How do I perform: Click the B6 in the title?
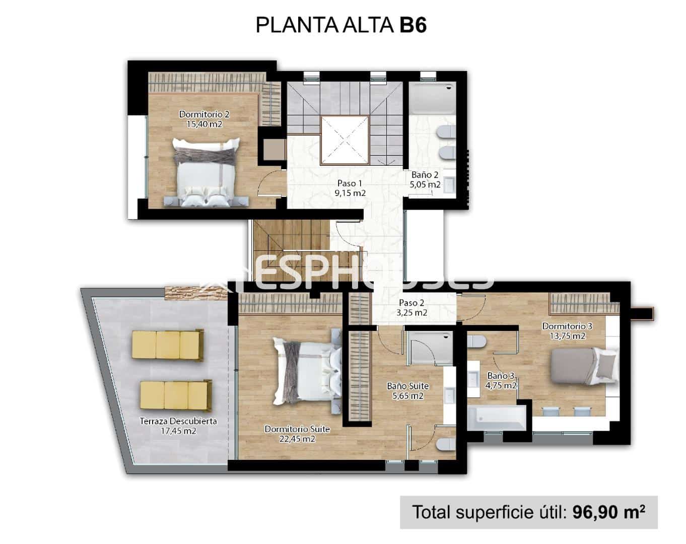coord(413,25)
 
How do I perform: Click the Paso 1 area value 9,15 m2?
coord(350,193)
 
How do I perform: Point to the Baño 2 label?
coord(425,175)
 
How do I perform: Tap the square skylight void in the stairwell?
coord(345,140)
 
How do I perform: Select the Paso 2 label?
coord(411,303)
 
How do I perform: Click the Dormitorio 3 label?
coord(567,326)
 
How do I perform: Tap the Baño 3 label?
coord(501,376)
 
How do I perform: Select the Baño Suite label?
coord(407,386)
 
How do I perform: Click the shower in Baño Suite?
coord(428,349)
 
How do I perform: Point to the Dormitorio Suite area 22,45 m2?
coord(297,439)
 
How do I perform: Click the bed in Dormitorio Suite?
coord(307,372)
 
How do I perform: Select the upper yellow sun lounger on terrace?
coord(168,345)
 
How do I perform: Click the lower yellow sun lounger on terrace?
coord(175,394)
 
